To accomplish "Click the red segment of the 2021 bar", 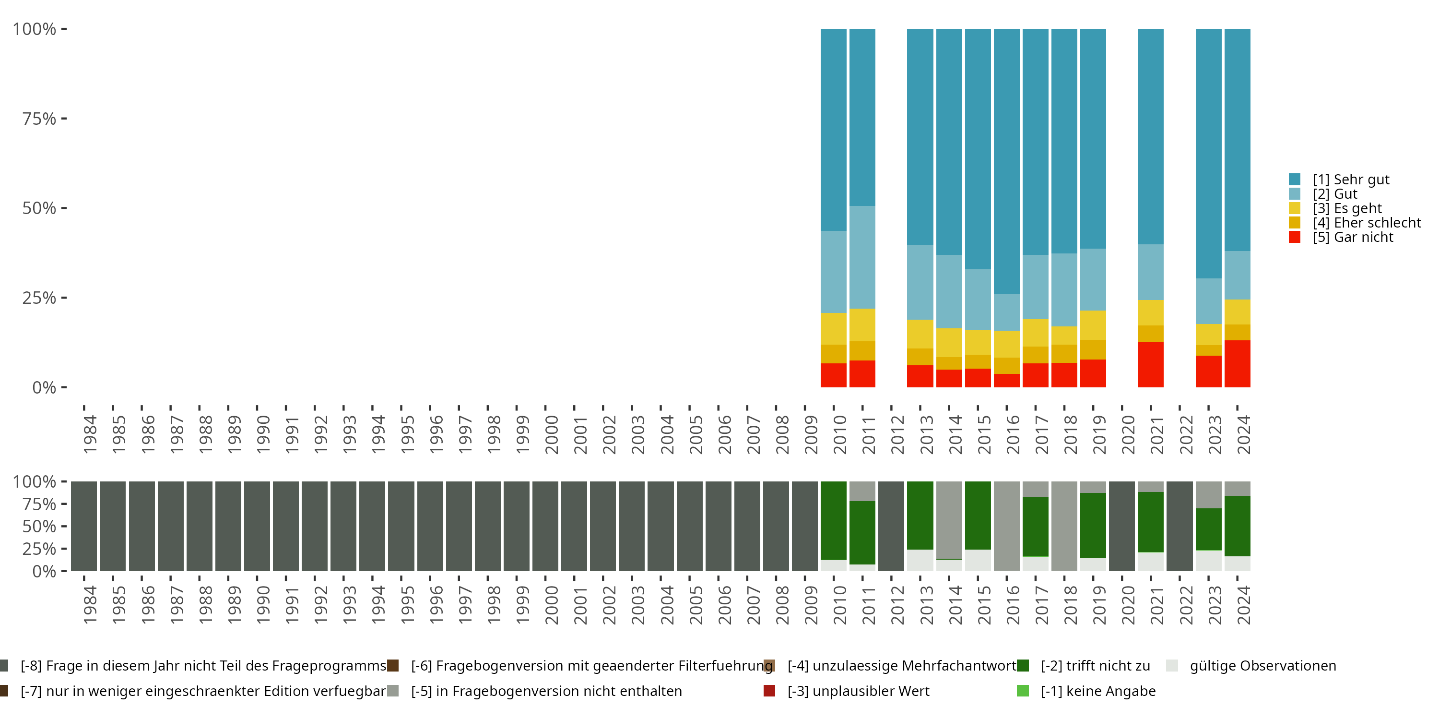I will [x=1150, y=364].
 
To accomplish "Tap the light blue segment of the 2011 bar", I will [x=862, y=257].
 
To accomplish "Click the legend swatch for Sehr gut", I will [x=1294, y=180].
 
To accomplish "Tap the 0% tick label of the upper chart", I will [x=44, y=387].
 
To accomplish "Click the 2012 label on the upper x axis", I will [x=897, y=435].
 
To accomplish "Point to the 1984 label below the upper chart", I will [x=89, y=435].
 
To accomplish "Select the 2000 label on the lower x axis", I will [x=551, y=605].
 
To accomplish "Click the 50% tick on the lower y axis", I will [x=39, y=526].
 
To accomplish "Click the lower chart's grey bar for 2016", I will [x=1007, y=526].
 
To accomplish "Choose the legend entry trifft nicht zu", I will [x=1095, y=666].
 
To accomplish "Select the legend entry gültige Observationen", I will [x=1262, y=666].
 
